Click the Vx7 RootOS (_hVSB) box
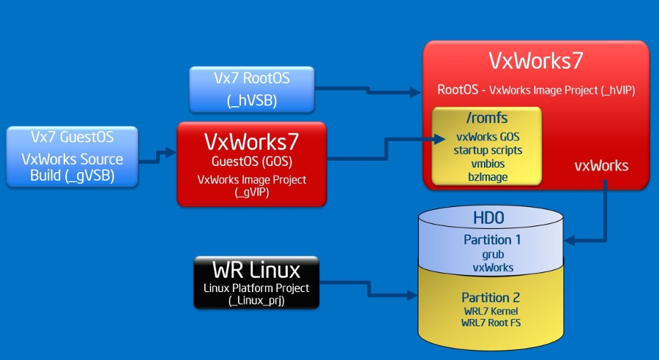(252, 89)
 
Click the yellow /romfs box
(486, 146)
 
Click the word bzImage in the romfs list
(488, 178)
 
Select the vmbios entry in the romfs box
(488, 165)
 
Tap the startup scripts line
(488, 151)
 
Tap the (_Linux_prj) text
(256, 301)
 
